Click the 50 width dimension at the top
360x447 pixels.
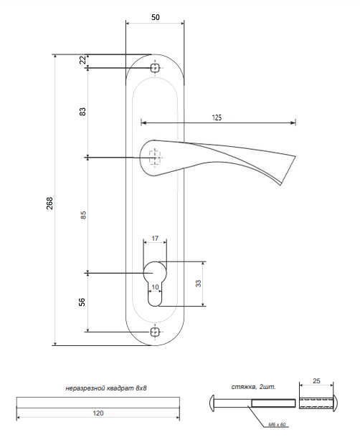click(x=156, y=17)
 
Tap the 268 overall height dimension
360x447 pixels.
click(x=49, y=203)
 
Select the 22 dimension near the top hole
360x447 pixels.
click(x=82, y=60)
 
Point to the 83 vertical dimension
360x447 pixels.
click(x=82, y=112)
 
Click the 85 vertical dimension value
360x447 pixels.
click(x=83, y=215)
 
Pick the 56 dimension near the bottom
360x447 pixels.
click(x=82, y=302)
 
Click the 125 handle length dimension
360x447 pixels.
click(x=217, y=117)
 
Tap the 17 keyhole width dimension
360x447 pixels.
click(x=155, y=238)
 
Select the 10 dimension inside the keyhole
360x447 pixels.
click(x=155, y=287)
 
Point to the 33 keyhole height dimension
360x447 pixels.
click(x=198, y=284)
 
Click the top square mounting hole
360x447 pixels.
click(x=155, y=68)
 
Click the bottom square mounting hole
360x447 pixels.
click(x=155, y=332)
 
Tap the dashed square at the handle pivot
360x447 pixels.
click(x=154, y=157)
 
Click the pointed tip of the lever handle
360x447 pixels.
click(x=280, y=185)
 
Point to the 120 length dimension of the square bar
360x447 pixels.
click(x=98, y=413)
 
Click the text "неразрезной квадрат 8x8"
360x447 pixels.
click(x=106, y=388)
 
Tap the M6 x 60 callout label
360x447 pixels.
click(x=277, y=425)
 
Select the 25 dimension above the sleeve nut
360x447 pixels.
click(x=316, y=381)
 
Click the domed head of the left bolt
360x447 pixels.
click(x=212, y=403)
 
